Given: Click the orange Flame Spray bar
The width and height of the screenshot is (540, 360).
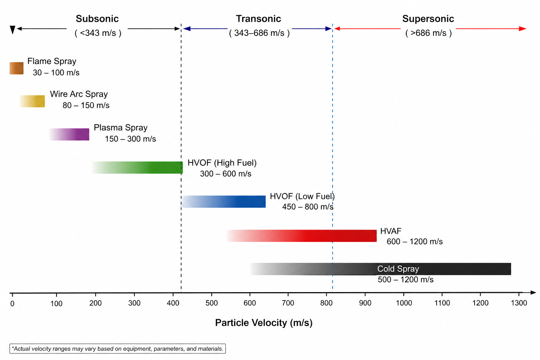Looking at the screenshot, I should click(x=17, y=68).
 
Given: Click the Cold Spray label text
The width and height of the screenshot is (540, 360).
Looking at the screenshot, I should click(x=398, y=269).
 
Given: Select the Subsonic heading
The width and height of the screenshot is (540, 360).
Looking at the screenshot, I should click(x=97, y=19).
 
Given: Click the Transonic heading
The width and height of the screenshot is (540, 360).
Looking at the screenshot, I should click(x=258, y=19).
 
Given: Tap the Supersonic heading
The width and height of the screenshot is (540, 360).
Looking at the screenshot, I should click(x=428, y=19).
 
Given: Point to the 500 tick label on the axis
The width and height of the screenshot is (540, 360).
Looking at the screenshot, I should click(x=211, y=303).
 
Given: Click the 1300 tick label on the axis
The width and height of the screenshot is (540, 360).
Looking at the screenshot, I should click(x=519, y=303).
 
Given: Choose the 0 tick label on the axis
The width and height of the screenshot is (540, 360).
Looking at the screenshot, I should click(x=12, y=304).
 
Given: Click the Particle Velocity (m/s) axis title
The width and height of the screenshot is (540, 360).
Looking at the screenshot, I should click(x=264, y=323).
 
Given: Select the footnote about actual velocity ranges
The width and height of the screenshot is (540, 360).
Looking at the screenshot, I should click(x=117, y=349).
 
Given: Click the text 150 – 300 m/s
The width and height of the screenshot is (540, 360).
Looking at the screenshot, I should click(x=130, y=139).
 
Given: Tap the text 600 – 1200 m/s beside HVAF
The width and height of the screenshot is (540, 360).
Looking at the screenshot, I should click(x=414, y=242).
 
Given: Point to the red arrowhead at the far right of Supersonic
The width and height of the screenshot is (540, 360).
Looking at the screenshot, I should click(x=523, y=28).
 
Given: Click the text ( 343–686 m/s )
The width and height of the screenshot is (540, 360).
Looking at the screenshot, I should click(x=259, y=33).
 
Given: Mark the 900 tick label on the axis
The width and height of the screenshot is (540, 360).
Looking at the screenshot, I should click(x=365, y=303).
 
